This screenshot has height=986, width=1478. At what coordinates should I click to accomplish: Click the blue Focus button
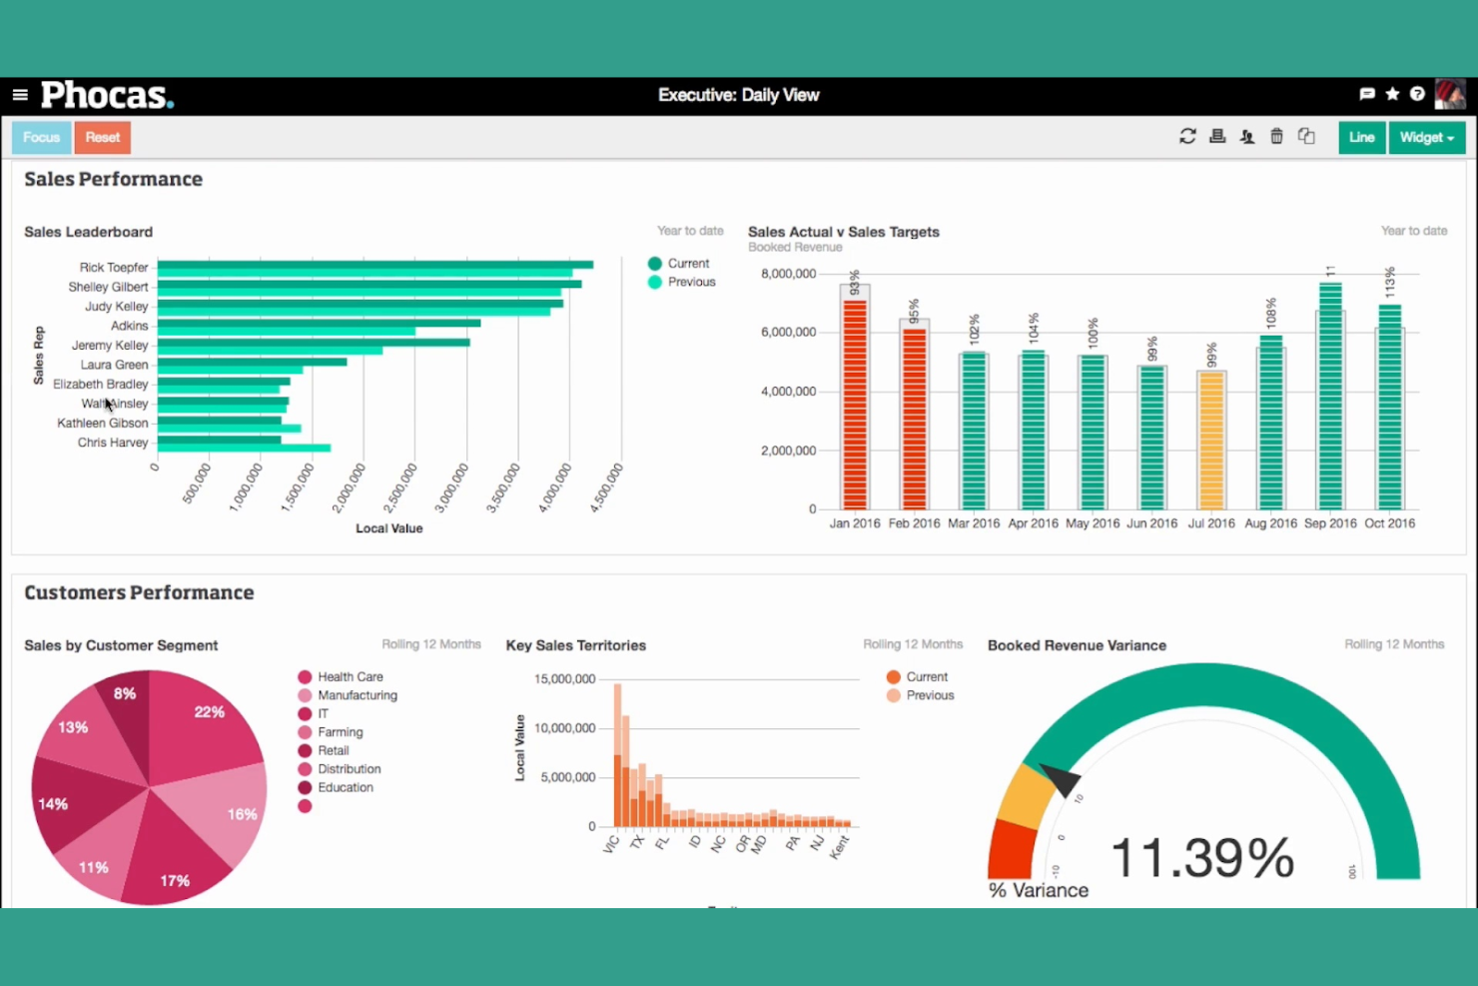tap(42, 137)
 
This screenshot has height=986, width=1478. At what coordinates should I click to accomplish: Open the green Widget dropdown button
tap(1426, 137)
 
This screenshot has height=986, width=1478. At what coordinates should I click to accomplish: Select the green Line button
tap(1361, 137)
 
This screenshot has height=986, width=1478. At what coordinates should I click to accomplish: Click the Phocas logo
tap(107, 95)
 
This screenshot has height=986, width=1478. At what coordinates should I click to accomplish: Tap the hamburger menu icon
tap(20, 95)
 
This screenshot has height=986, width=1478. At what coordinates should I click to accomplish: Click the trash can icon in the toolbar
tap(1276, 136)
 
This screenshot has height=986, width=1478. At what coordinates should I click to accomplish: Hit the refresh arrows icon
tap(1187, 136)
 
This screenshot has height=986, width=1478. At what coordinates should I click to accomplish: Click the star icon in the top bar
tap(1392, 94)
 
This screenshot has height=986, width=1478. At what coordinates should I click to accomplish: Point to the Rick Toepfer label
tap(114, 268)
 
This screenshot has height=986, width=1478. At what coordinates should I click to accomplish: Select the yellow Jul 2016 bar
tap(1211, 440)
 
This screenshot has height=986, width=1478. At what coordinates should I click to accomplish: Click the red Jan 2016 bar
tap(855, 405)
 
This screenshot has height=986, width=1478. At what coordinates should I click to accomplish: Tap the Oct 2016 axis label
tap(1389, 523)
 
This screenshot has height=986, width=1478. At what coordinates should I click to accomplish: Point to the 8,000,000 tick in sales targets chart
tap(788, 274)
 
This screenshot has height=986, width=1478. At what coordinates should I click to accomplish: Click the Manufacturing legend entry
tap(357, 695)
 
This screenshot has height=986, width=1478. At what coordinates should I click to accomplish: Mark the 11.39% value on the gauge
tap(1201, 858)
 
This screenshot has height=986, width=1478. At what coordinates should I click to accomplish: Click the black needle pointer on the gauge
tap(1060, 778)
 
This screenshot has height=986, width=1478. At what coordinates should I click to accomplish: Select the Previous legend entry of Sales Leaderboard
tap(691, 282)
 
